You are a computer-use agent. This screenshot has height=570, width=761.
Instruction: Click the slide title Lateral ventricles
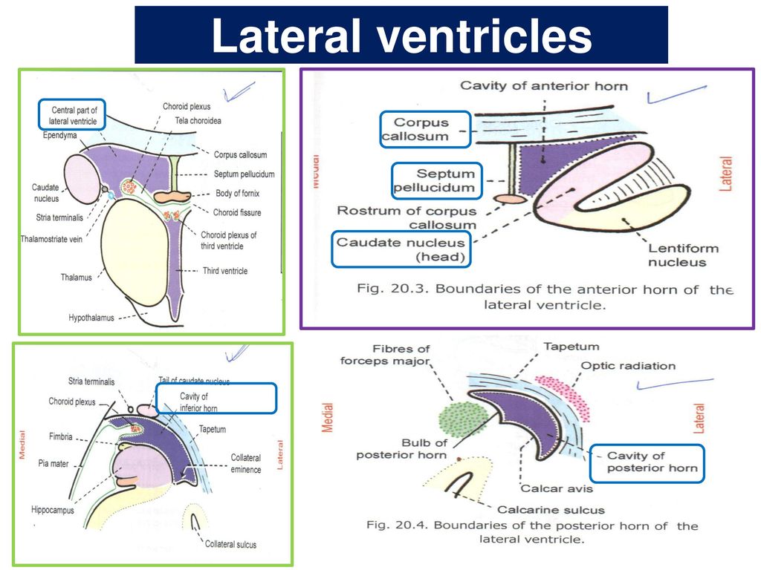(401, 36)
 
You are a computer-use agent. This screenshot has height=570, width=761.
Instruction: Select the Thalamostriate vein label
(51, 238)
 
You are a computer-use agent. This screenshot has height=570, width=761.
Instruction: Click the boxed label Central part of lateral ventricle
(73, 115)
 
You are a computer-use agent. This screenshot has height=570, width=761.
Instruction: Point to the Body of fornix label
(237, 193)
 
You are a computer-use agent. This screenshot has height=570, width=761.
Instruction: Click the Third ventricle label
(225, 271)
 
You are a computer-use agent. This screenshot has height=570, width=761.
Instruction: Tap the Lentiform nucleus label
(677, 255)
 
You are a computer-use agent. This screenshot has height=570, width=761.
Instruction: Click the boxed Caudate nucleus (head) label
(401, 249)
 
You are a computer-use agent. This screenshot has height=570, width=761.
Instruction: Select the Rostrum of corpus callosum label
(407, 217)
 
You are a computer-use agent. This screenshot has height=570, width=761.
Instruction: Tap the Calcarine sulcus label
(551, 510)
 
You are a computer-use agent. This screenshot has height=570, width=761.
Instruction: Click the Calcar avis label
(552, 488)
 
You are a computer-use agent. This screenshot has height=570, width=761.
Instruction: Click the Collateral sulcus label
(230, 544)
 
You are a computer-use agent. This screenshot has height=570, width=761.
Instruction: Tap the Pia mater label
(54, 464)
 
